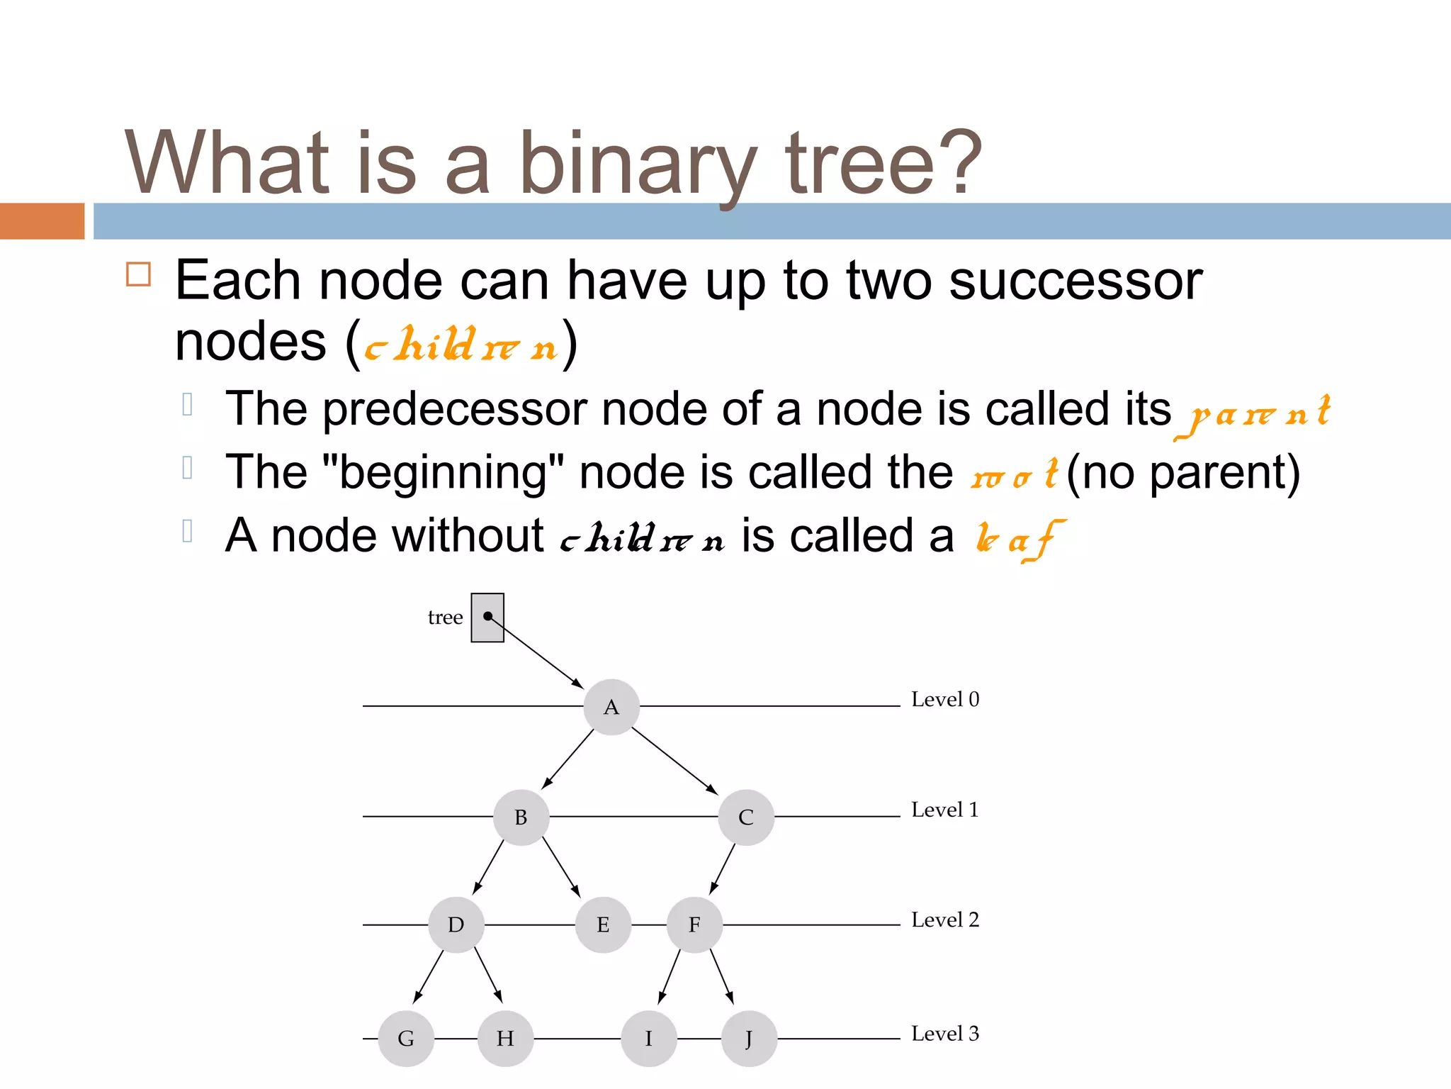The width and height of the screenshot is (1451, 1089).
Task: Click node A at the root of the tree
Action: [x=611, y=707]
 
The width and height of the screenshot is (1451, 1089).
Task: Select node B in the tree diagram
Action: [x=521, y=817]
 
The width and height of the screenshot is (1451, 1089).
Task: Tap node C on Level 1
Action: [x=745, y=817]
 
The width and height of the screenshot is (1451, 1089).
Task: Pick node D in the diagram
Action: [x=456, y=925]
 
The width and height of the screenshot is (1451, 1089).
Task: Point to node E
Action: [x=603, y=925]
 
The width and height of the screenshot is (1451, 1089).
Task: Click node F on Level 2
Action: [x=694, y=925]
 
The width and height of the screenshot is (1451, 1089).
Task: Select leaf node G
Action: [x=406, y=1039]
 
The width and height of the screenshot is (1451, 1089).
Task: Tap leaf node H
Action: [x=505, y=1039]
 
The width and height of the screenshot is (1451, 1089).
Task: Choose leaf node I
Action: [x=648, y=1039]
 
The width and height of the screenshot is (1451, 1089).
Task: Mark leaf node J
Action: [x=749, y=1039]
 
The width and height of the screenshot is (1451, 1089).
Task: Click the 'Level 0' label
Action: [x=944, y=699]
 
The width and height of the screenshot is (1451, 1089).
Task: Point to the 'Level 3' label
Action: [x=944, y=1033]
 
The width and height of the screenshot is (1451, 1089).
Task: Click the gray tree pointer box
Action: [x=487, y=618]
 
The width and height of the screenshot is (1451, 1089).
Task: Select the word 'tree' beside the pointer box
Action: [x=445, y=618]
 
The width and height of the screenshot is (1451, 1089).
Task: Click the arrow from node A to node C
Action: [x=674, y=760]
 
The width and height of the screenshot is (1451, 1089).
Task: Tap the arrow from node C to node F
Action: [x=723, y=869]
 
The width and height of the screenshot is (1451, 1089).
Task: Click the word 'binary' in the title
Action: [x=638, y=163]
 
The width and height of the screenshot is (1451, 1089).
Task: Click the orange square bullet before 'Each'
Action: [x=138, y=274]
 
